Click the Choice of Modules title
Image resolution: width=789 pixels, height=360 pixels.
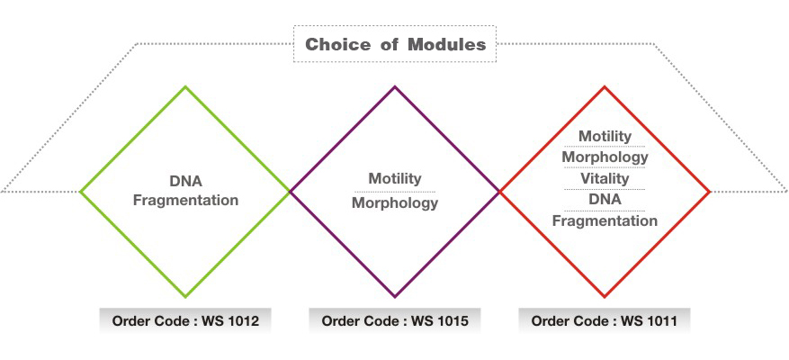[395, 44]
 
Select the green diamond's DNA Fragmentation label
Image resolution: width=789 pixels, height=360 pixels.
[185, 191]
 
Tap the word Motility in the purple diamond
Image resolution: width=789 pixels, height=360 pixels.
[394, 179]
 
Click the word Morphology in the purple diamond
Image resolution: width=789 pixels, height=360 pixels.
[394, 202]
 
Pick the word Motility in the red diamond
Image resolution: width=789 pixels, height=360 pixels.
[605, 136]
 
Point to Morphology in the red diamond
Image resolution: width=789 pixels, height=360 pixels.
[605, 157]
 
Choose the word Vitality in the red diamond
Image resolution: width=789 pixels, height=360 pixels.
[605, 178]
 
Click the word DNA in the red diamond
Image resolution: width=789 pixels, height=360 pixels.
[605, 199]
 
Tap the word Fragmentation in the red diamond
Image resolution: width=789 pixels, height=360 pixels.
[605, 220]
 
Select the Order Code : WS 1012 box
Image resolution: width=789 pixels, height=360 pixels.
[185, 320]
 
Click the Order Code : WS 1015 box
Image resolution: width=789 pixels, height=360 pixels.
[395, 320]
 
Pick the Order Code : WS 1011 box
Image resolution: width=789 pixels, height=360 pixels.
[605, 320]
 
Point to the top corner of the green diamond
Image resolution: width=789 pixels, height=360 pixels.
[185, 86]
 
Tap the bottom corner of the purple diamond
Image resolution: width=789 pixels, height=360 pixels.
[395, 296]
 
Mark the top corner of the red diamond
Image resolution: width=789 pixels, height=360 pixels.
[605, 86]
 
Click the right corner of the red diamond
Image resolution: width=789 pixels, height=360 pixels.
[710, 192]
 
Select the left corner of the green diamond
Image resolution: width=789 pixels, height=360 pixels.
[81, 192]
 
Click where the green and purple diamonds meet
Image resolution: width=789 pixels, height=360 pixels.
[290, 192]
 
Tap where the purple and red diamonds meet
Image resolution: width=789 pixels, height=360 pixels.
[499, 192]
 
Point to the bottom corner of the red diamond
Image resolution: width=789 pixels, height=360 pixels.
[605, 296]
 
